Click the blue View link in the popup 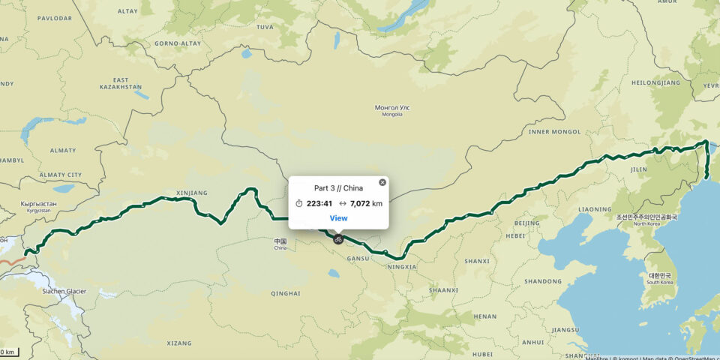[x=338, y=218]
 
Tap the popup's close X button [x=382, y=182]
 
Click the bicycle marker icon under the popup [x=338, y=239]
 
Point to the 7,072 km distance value [x=366, y=203]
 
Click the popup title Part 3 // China [x=338, y=188]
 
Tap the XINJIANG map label [x=190, y=193]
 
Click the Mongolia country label [x=392, y=110]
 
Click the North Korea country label [x=646, y=220]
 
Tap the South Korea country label [x=660, y=278]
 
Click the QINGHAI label [x=285, y=293]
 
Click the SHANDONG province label [x=543, y=281]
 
